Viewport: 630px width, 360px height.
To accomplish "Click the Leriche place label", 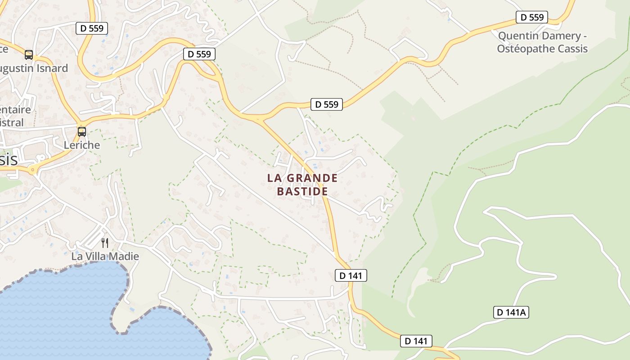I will point(81,145).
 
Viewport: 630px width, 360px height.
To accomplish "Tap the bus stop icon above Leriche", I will point(81,132).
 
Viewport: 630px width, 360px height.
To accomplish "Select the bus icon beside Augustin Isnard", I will point(29,55).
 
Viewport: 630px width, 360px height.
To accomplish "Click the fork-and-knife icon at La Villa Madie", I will point(105,243).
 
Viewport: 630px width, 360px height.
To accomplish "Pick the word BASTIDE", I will point(302,191).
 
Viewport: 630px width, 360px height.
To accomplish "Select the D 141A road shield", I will point(511,312).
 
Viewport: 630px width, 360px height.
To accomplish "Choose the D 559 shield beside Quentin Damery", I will point(531,18).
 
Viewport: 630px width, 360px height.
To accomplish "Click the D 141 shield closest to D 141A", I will point(416,341).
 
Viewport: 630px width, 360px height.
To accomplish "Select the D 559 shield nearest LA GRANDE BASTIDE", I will point(327,104).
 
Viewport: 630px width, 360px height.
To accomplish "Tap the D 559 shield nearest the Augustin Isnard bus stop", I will point(92,28).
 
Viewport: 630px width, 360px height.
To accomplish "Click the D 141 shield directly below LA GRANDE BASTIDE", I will point(351,275).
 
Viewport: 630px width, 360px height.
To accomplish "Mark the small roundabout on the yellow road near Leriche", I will point(32,170).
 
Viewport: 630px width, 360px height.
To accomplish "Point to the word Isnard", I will point(53,68).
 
